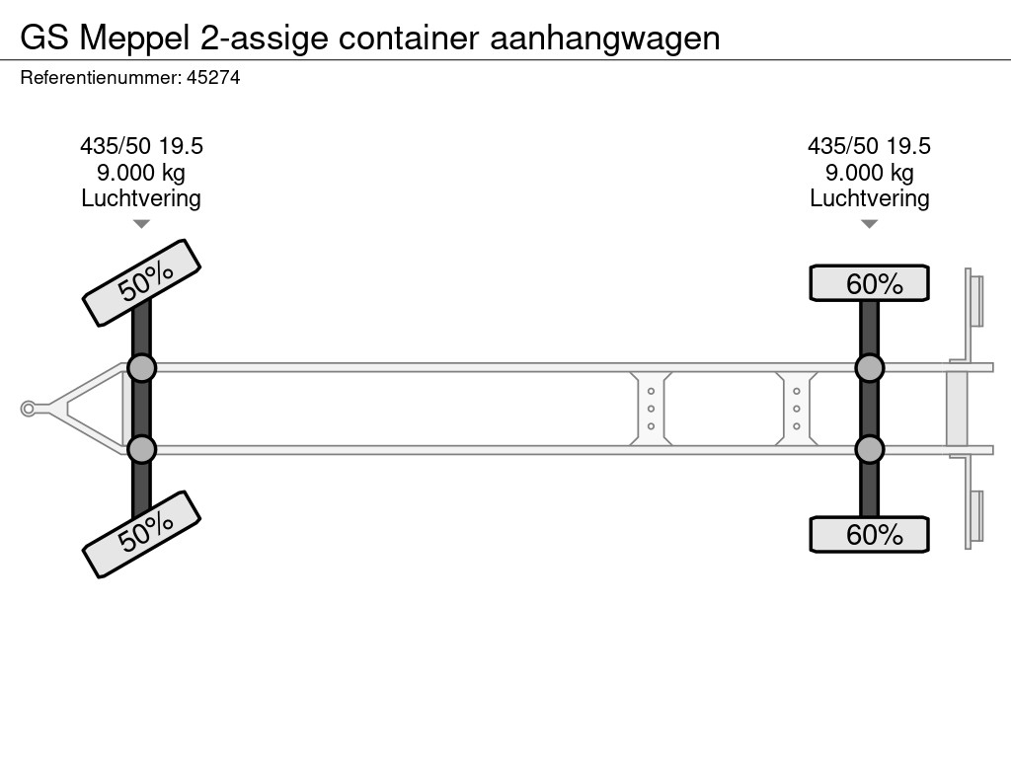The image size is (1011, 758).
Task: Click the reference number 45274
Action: tap(213, 77)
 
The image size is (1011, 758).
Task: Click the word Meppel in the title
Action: tap(134, 38)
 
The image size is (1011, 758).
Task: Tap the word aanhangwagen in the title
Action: tap(605, 38)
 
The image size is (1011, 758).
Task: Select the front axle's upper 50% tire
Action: tap(142, 283)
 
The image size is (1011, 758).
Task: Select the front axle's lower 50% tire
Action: tap(142, 534)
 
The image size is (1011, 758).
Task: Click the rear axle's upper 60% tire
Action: tap(869, 283)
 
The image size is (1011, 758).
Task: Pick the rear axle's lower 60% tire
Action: tap(869, 534)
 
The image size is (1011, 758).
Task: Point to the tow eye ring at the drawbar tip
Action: tap(28, 409)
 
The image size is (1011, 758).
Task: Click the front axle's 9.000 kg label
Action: tap(141, 173)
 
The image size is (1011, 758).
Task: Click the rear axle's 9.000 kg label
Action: tap(869, 173)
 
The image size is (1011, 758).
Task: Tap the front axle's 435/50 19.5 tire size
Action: tap(141, 146)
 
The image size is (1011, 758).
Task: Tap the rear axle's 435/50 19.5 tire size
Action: tap(869, 146)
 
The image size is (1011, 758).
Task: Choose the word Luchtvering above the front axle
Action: tap(141, 198)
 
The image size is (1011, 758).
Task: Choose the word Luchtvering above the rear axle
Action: tap(869, 198)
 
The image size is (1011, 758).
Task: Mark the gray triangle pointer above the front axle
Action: tap(141, 224)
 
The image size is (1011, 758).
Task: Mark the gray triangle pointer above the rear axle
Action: tap(869, 224)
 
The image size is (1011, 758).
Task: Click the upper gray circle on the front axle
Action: tap(142, 369)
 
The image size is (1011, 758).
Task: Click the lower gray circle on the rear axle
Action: tap(869, 449)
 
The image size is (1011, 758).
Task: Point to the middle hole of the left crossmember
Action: tap(651, 409)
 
